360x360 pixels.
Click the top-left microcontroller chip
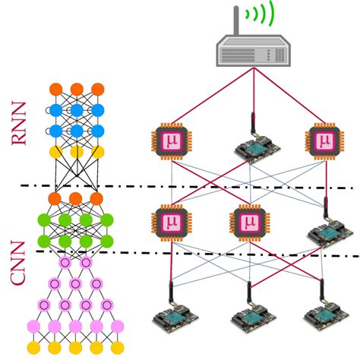pos(169,141)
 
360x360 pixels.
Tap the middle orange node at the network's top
pos(76,88)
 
